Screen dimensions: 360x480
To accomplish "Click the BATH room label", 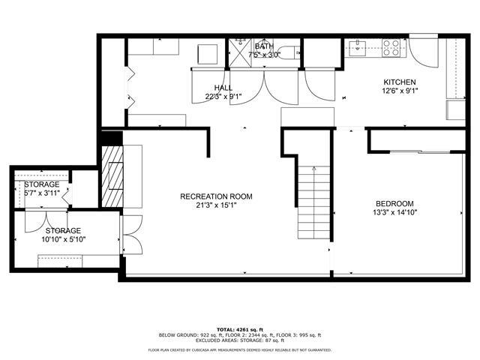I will point(263,46).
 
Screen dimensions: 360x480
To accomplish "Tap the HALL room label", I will point(223,88).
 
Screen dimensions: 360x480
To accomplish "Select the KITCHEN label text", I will point(400,82).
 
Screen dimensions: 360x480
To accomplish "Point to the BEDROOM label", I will point(394,203).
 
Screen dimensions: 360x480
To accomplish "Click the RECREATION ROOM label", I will point(216,196).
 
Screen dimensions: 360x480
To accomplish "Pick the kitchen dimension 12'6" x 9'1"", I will point(400,91).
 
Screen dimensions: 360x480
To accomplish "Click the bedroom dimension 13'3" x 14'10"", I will point(394,212).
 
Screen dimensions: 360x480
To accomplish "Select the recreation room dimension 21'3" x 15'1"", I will point(216,205).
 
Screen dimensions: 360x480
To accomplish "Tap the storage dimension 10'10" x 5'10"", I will point(63,239).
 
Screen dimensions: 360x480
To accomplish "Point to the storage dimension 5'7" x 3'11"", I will point(41,193).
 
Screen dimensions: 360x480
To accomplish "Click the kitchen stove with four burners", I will point(391,48).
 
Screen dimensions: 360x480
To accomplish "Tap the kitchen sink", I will point(358,49).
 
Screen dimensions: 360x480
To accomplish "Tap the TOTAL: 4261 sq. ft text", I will point(239,329).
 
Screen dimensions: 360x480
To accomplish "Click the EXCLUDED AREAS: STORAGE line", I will point(239,340).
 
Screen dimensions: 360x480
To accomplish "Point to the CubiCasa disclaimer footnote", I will point(239,349).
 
